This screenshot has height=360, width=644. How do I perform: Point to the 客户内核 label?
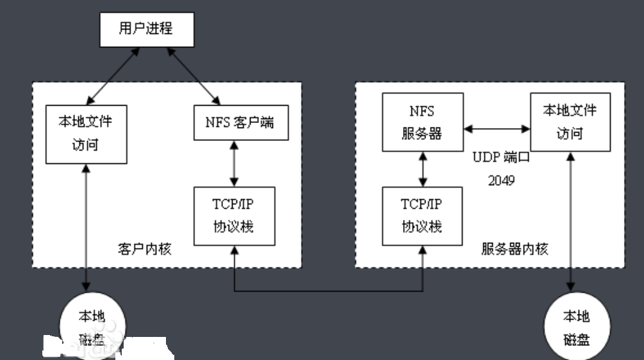145,249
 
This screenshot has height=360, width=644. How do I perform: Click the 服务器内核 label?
514,249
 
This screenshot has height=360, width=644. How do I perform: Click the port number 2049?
501,181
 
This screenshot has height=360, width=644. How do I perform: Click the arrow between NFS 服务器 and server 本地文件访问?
497,129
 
